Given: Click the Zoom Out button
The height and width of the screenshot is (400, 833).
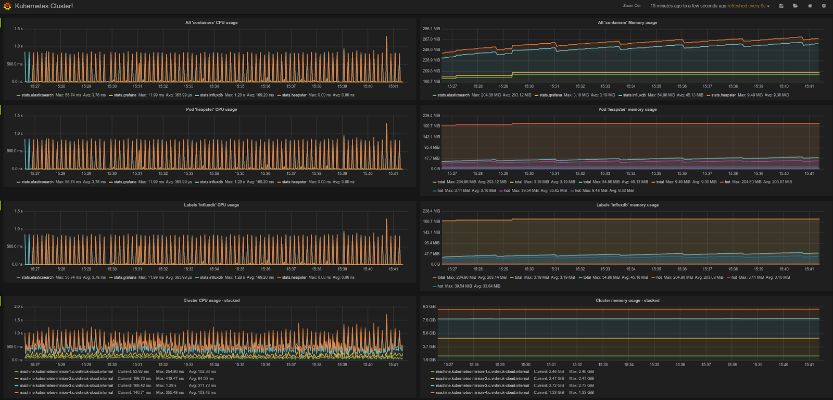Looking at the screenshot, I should coord(632,6).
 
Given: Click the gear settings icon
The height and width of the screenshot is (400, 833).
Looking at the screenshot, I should coord(824,6).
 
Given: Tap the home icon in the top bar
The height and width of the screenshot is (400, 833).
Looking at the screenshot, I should coord(810,6).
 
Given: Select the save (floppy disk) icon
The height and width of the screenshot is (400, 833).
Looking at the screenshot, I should coord(781,6).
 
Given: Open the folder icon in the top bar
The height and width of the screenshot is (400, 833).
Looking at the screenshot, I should coord(795,6).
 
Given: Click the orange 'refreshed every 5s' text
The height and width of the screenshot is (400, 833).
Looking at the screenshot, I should coord(746,6).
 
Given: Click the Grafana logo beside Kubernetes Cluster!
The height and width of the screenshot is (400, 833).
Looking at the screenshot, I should coord(7,6).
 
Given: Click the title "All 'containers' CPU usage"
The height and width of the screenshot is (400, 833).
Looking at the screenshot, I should coord(211,22).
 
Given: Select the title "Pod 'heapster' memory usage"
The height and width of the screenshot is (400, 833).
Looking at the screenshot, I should coord(627,109).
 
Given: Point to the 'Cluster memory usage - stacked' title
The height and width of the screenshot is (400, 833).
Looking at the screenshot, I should coord(627,300).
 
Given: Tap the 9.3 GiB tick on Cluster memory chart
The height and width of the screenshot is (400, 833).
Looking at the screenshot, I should coord(429,306).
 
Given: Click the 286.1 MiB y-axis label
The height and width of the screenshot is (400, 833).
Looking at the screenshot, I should coord(431,29).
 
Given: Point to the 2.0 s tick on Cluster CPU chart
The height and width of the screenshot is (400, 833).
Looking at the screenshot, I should coord(18,306).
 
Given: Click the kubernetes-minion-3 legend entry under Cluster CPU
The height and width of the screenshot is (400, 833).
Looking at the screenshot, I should coord(66,385).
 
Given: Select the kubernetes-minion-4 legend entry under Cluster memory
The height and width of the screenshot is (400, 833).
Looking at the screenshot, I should coord(482,392).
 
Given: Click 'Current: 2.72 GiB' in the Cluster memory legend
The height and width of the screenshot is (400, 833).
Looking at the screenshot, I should coord(549,385).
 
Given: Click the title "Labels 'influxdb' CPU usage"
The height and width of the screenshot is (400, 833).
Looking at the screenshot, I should coord(211,204).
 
